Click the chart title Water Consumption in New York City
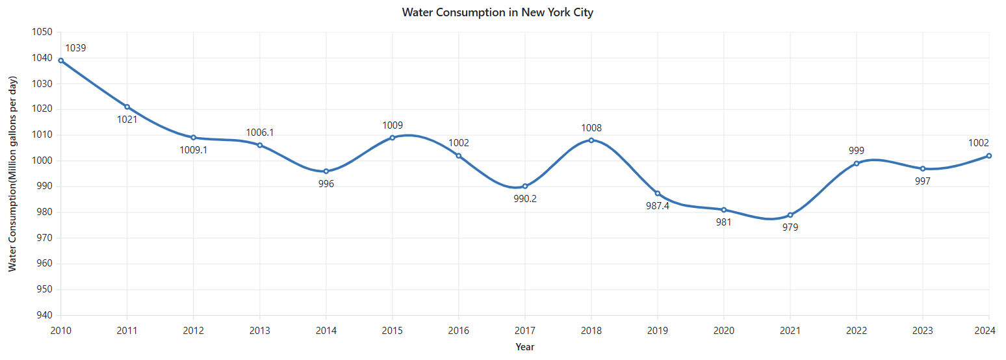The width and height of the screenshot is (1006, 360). pyautogui.click(x=497, y=12)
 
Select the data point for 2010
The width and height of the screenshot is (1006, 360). pyautogui.click(x=61, y=60)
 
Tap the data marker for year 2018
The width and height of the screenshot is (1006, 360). pyautogui.click(x=591, y=140)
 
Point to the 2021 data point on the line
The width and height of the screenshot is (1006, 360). pyautogui.click(x=790, y=215)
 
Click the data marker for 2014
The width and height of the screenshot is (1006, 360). pyautogui.click(x=326, y=172)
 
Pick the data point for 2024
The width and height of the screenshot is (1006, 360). pyautogui.click(x=988, y=156)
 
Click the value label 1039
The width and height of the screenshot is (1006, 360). pyautogui.click(x=75, y=48)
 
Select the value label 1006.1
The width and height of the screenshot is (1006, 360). pyautogui.click(x=260, y=133)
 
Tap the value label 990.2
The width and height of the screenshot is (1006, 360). pyautogui.click(x=525, y=199)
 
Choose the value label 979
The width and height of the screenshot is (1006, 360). pyautogui.click(x=790, y=227)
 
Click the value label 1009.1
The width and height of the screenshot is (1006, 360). pyautogui.click(x=194, y=150)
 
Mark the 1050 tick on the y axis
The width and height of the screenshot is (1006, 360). pyautogui.click(x=42, y=32)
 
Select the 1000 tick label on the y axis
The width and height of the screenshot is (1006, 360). pyautogui.click(x=42, y=161)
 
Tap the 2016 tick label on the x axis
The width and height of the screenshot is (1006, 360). pyautogui.click(x=459, y=331)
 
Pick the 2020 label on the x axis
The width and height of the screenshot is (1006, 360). pyautogui.click(x=724, y=331)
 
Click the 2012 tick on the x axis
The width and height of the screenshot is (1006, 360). pyautogui.click(x=194, y=331)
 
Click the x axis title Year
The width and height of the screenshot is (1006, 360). pyautogui.click(x=525, y=347)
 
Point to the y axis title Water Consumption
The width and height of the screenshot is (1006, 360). pyautogui.click(x=12, y=174)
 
